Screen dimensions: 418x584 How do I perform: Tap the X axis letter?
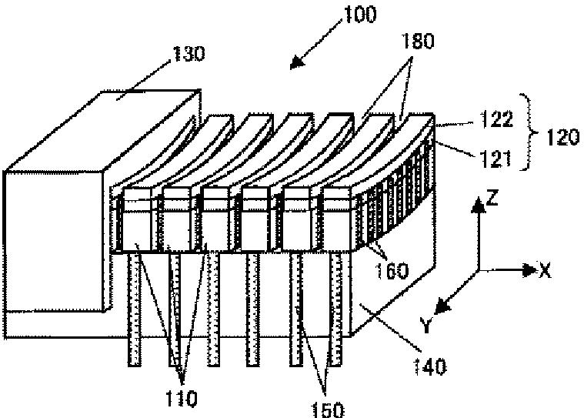[544, 270]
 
